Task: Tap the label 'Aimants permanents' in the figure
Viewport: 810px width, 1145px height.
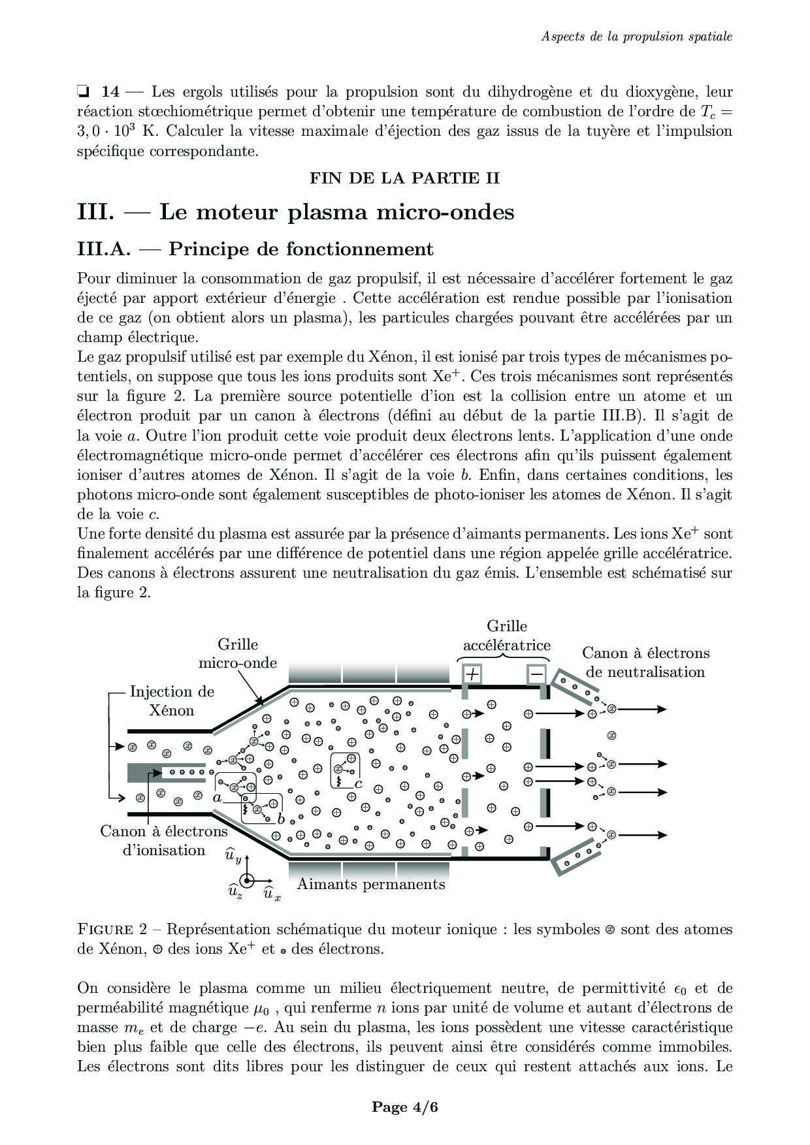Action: (371, 885)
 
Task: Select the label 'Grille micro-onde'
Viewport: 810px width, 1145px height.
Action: (238, 653)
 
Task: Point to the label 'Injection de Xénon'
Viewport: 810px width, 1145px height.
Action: (172, 700)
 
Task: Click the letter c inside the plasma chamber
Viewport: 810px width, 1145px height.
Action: (359, 783)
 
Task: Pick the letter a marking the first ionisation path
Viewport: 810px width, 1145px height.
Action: (218, 797)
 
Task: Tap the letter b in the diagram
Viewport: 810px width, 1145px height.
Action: (281, 819)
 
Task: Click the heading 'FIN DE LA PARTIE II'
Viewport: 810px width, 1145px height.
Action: (404, 178)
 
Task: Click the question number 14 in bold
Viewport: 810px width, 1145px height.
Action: (110, 91)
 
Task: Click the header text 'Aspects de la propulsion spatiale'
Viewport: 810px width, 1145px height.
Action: (636, 36)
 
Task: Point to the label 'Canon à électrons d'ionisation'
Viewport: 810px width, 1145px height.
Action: (164, 841)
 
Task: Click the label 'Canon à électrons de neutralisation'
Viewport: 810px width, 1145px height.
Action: (645, 663)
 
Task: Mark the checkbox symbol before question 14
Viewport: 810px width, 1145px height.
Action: (83, 91)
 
